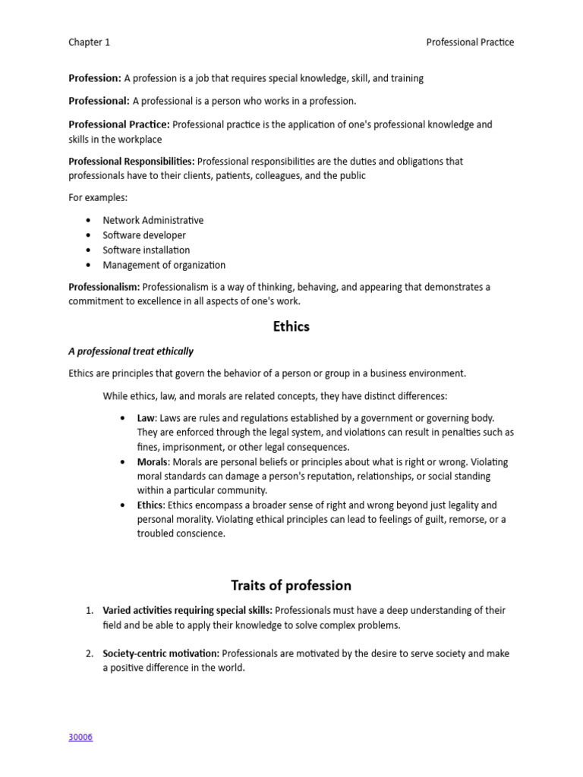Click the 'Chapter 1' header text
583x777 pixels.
click(x=89, y=42)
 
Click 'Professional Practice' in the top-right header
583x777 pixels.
click(x=470, y=42)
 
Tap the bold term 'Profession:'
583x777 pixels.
click(x=95, y=78)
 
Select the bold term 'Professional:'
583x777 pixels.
click(x=99, y=101)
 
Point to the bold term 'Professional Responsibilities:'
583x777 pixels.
click(x=131, y=161)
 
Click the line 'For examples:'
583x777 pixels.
click(x=98, y=197)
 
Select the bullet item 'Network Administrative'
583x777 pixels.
click(x=153, y=220)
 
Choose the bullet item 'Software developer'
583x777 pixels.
click(x=144, y=235)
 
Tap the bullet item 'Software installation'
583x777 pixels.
click(x=147, y=250)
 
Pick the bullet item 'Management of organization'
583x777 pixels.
click(x=164, y=265)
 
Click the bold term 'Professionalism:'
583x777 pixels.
click(x=104, y=287)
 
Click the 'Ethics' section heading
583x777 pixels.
click(x=291, y=327)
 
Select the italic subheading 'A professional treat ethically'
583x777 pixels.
click(x=131, y=351)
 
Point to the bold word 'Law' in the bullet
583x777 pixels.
click(x=145, y=418)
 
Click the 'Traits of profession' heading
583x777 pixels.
click(x=291, y=585)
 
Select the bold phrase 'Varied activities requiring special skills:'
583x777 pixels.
click(x=187, y=611)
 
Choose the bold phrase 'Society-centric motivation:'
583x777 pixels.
click(x=161, y=653)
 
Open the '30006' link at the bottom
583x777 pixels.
click(x=80, y=737)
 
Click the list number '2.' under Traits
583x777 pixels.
click(x=89, y=653)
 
